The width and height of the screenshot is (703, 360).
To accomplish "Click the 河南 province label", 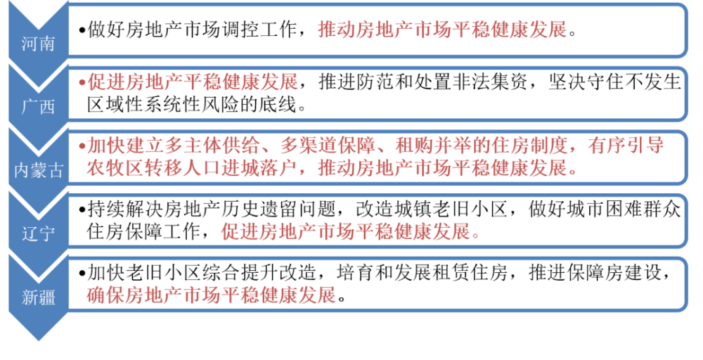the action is (38, 44).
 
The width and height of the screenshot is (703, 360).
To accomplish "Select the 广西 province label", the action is (38, 107).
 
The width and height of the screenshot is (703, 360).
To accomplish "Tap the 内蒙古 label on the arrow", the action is (39, 170).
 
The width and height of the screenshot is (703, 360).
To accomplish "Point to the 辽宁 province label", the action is (38, 233).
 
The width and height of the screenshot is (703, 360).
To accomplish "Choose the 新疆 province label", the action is (38, 297).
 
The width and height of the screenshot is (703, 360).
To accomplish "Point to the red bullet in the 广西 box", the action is (82, 83).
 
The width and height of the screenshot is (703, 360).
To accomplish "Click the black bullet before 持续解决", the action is (82, 210).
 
